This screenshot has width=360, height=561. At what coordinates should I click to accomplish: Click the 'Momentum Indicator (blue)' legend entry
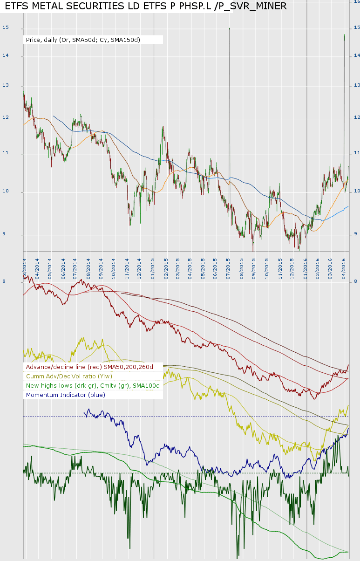[x=66, y=395]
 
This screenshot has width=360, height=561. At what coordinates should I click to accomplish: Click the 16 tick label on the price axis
[x=357, y=1]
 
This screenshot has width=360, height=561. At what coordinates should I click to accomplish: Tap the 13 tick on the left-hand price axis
[x=6, y=86]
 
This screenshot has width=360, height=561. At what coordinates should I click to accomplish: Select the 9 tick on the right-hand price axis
[x=356, y=234]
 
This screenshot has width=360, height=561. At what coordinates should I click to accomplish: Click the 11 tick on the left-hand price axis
[x=6, y=153]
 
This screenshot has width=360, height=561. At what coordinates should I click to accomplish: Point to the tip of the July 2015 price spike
[x=230, y=28]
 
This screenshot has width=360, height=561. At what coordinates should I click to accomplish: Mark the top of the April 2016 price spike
[x=344, y=34]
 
